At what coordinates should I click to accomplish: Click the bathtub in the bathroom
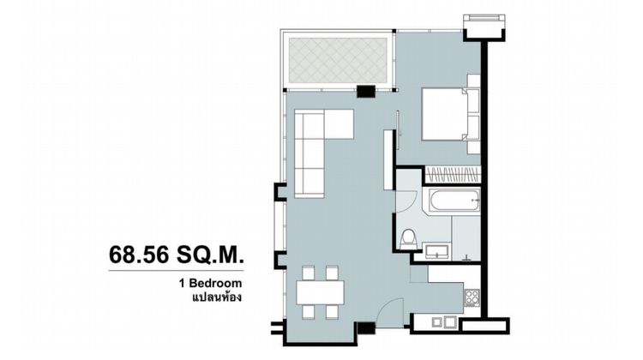coord(451,202)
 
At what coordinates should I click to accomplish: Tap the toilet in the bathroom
coord(409,237)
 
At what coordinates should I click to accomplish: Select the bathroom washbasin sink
coord(436,250)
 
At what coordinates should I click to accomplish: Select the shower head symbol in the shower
coord(467,255)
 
